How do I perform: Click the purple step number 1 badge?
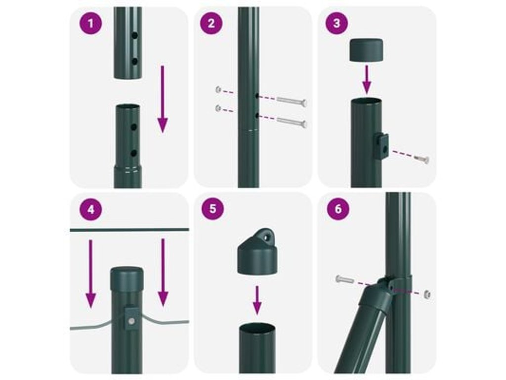tap(91, 24)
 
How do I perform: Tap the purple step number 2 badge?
tap(211, 24)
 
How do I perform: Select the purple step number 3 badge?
tap(337, 24)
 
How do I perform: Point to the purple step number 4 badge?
tap(91, 209)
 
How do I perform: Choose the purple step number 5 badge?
tap(212, 209)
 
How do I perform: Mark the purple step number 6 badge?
tap(338, 209)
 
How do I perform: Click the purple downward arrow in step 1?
tap(163, 99)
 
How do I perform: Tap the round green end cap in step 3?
tap(367, 50)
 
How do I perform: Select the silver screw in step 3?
tap(422, 159)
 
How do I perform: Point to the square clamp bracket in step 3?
tap(382, 146)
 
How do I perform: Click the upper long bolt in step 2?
tap(292, 101)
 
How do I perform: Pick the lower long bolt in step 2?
tap(292, 122)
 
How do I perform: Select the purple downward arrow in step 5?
tap(257, 300)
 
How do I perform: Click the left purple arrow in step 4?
tap(91, 274)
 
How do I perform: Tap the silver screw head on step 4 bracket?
tap(131, 321)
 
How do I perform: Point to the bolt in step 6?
tap(344, 279)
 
